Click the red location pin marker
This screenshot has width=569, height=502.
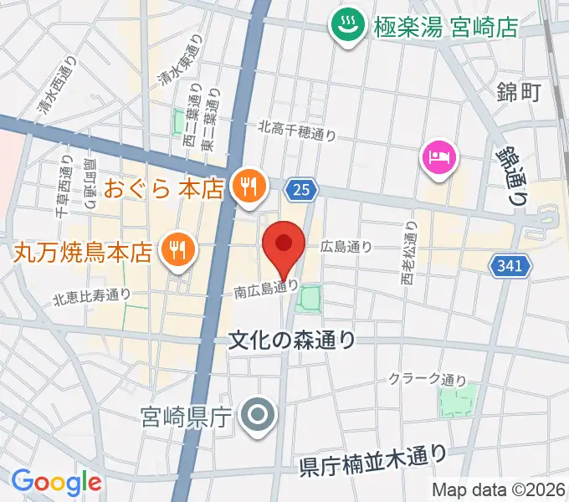point(283,245)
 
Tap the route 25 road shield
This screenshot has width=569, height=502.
point(302,190)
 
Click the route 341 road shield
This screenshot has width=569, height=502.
point(508,264)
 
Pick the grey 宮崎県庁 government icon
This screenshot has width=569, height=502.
point(257,413)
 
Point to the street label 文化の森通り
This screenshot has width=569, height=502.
point(292,340)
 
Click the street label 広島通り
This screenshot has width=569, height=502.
point(346,247)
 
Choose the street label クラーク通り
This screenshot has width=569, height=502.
point(427,379)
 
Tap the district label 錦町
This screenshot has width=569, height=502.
point(518,92)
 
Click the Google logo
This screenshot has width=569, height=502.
point(56,482)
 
